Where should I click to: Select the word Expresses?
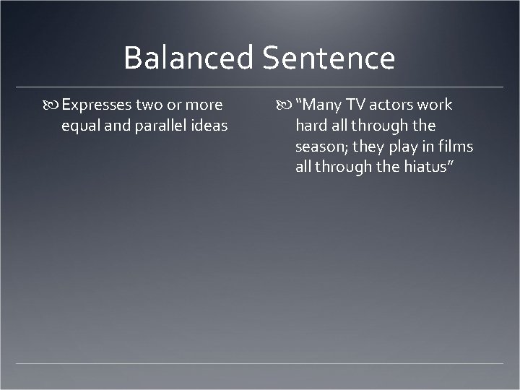pos(97,105)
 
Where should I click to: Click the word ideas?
pos(209,126)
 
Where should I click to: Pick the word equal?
pos(81,126)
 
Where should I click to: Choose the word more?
pos(205,105)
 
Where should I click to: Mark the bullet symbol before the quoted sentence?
pos(284,105)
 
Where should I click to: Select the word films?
pos(455,147)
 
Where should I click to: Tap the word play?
pos(408,147)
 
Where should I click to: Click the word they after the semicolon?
pos(370,147)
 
